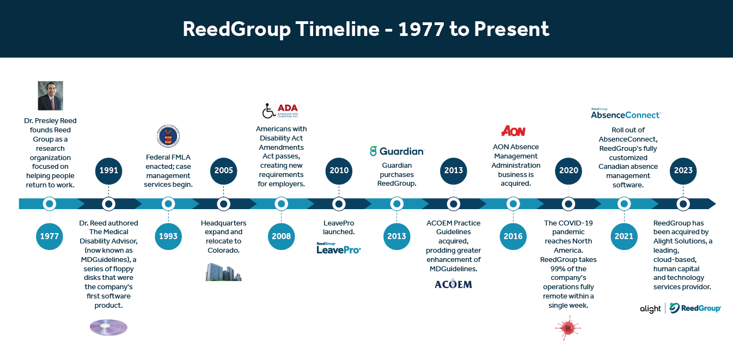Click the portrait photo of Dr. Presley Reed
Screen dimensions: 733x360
51,95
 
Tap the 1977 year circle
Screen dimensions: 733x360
50,236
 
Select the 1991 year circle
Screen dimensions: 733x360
108,170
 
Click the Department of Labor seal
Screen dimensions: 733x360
168,136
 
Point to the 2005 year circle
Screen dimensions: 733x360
223,170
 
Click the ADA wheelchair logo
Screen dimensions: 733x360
280,111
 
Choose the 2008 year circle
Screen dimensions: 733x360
281,236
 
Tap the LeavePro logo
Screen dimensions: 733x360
339,248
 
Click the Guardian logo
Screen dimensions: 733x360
397,151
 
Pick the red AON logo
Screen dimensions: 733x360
513,131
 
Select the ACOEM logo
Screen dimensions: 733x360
453,284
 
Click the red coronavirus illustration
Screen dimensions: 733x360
568,328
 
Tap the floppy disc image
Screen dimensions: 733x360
108,327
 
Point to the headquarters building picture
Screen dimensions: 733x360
223,272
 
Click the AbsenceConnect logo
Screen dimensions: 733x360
626,113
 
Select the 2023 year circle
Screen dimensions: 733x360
683,170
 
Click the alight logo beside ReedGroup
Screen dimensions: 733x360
650,309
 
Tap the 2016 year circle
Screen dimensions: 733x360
513,236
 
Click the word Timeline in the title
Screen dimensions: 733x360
338,29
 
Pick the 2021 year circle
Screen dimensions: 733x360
624,236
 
